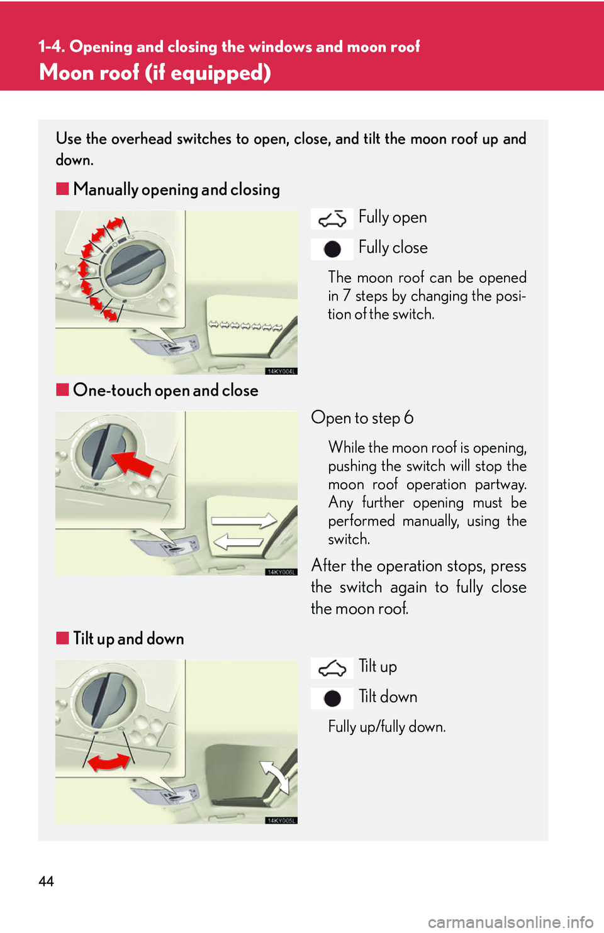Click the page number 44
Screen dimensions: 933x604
tap(46, 881)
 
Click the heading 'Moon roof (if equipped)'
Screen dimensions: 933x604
tap(155, 73)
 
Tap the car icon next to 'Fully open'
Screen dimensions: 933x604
tap(332, 219)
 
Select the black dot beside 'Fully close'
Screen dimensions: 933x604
tap(332, 250)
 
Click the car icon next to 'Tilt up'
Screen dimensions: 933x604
tap(332, 668)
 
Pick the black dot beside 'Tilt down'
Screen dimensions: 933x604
tap(332, 698)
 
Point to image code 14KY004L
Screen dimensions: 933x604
tap(281, 372)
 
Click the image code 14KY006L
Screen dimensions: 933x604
tap(281, 572)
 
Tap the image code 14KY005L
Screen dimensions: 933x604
tap(281, 820)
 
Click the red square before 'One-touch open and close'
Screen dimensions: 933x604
tap(62, 390)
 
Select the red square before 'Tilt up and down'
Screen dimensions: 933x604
tap(62, 638)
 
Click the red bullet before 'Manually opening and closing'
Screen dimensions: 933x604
tap(62, 189)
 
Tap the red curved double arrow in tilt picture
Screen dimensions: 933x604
tap(108, 763)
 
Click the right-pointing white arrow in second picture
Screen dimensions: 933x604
tap(244, 521)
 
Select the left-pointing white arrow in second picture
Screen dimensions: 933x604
tap(239, 541)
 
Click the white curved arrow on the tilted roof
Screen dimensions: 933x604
tap(274, 776)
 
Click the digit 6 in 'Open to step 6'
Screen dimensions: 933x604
tap(409, 418)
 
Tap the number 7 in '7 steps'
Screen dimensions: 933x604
tap(347, 296)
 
